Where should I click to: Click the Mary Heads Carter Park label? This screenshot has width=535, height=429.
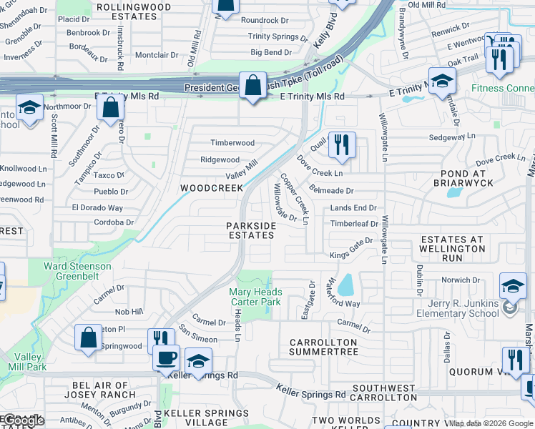(255, 297)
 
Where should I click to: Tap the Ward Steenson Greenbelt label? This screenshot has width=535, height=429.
(77, 272)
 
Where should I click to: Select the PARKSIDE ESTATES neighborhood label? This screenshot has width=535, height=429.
(251, 230)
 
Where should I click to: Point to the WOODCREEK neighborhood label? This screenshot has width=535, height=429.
(210, 188)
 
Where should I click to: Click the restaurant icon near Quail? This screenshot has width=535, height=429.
(342, 145)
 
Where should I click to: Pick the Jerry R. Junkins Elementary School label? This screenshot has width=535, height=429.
(458, 308)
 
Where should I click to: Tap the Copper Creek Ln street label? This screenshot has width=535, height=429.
(294, 199)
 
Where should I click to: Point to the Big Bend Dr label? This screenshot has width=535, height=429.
(271, 52)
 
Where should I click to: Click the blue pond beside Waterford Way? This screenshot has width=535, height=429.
(345, 285)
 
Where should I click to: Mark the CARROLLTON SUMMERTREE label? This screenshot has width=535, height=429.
(323, 347)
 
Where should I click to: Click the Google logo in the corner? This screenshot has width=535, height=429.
(23, 420)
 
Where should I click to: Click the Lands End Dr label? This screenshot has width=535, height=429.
(353, 207)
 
